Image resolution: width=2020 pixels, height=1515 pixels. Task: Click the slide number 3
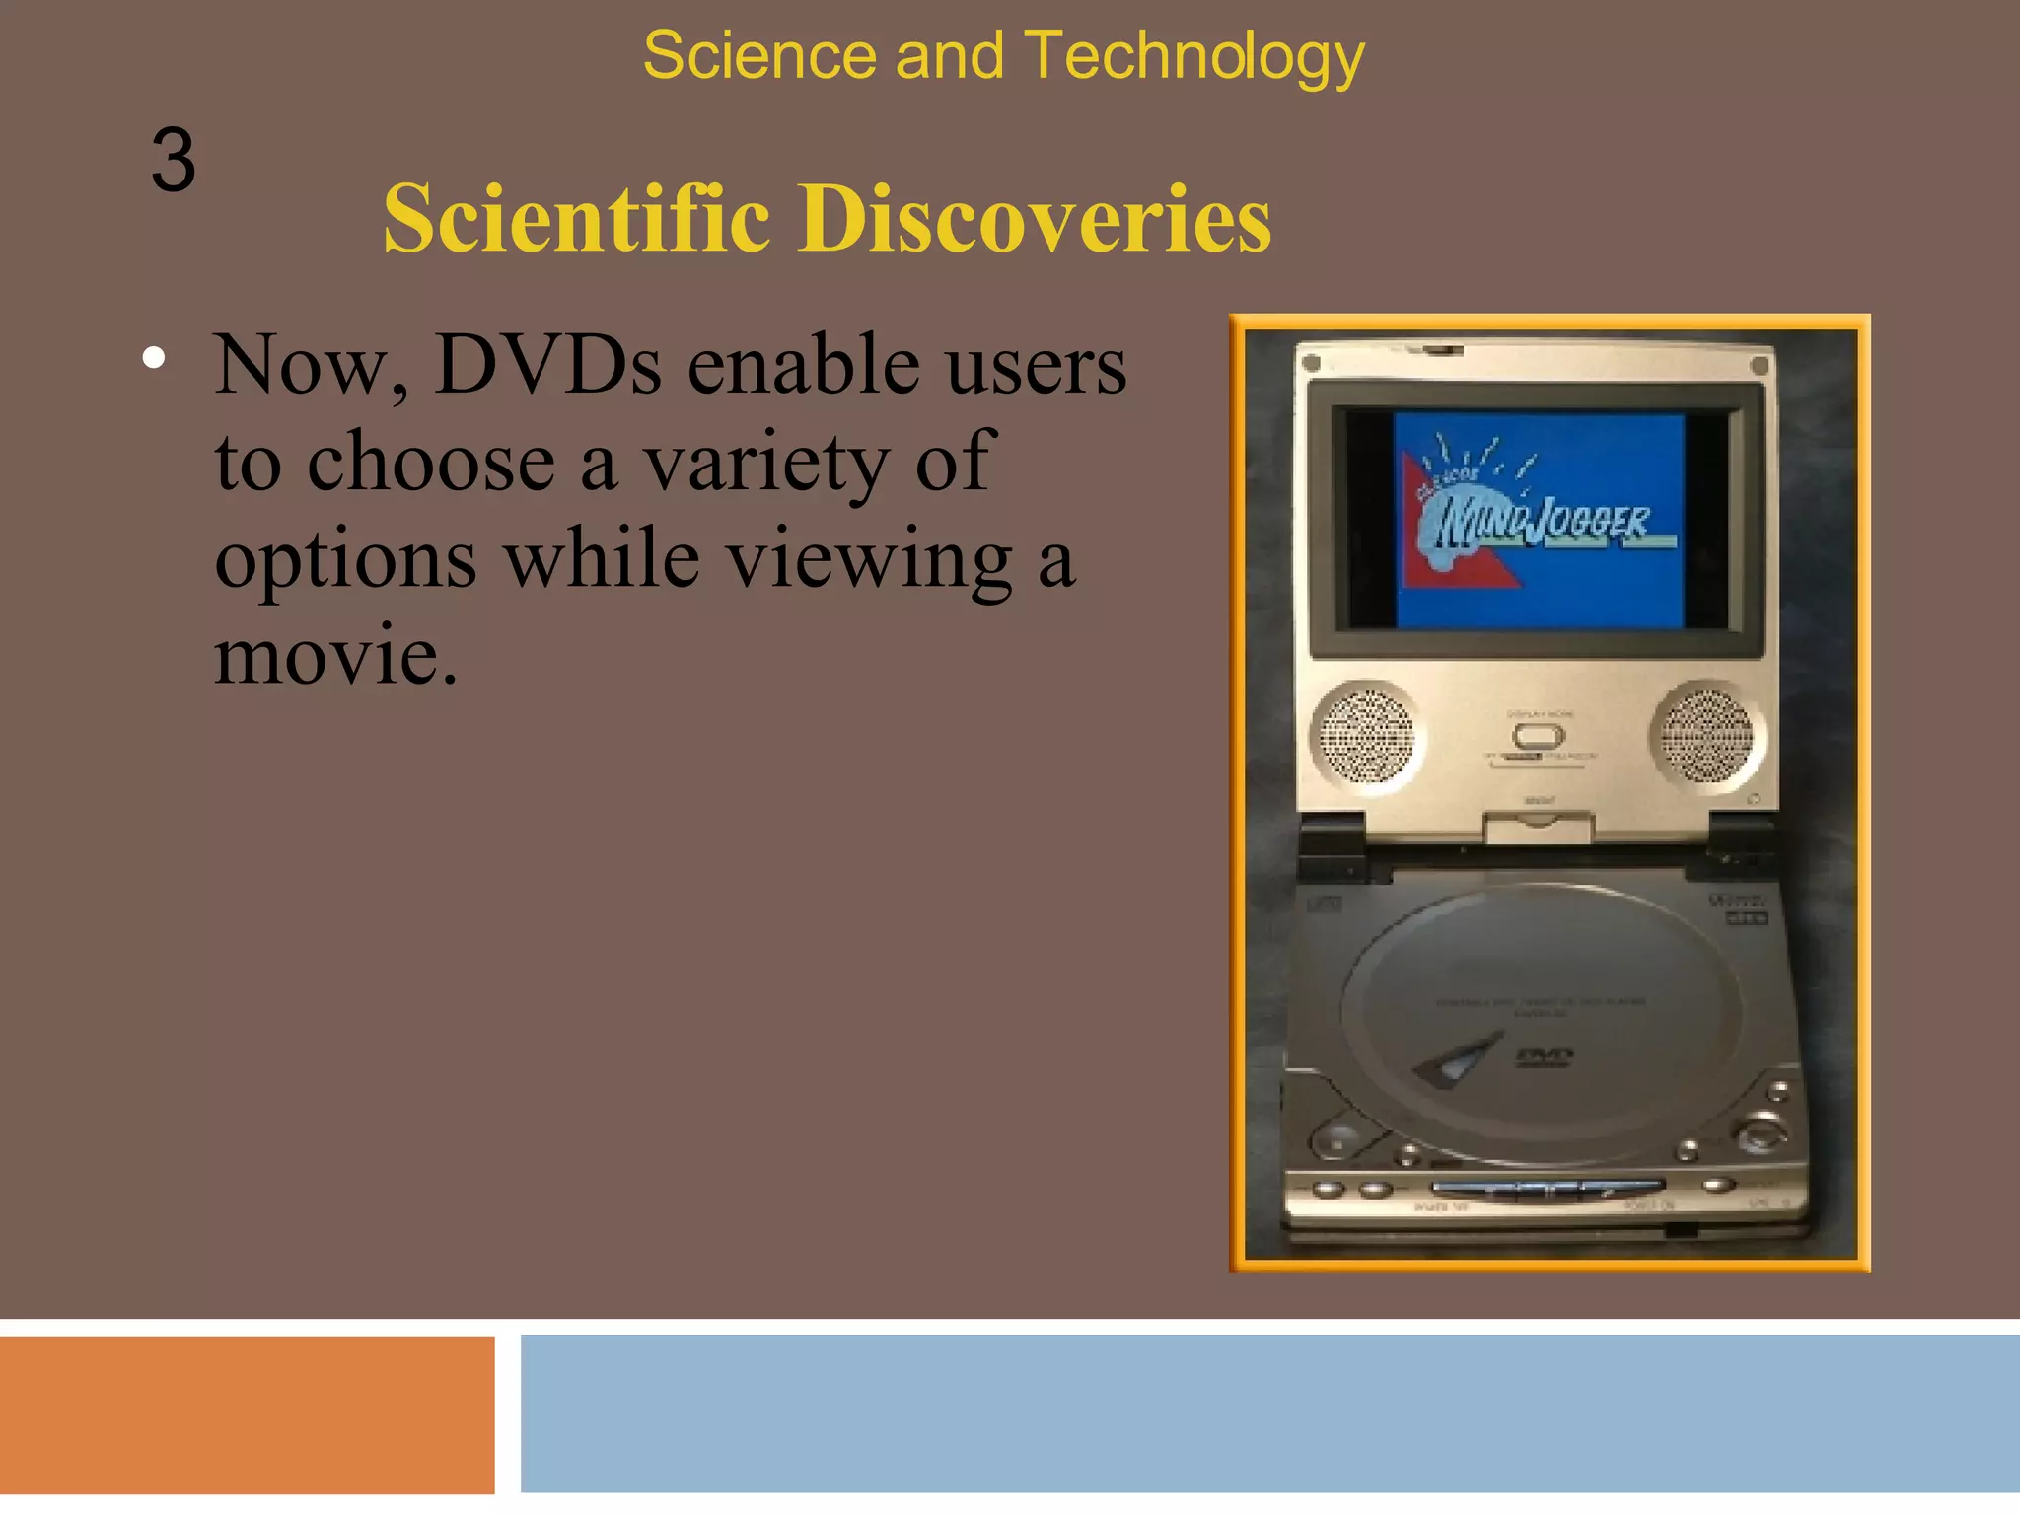click(x=174, y=161)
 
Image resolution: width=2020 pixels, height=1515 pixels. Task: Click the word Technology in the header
click(x=1194, y=56)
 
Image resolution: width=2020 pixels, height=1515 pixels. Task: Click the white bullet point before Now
click(x=153, y=358)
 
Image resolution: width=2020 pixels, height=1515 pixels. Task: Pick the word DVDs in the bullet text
click(x=547, y=365)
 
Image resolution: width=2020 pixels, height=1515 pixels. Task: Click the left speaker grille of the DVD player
click(x=1367, y=736)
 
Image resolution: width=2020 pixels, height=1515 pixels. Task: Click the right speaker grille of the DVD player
click(x=1706, y=736)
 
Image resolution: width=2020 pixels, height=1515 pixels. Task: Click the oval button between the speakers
click(x=1539, y=736)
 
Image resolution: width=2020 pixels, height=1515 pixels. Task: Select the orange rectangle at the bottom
click(x=247, y=1415)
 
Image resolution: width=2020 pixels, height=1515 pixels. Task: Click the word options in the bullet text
click(x=345, y=559)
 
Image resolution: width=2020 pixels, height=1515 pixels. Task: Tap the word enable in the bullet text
click(x=801, y=365)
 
